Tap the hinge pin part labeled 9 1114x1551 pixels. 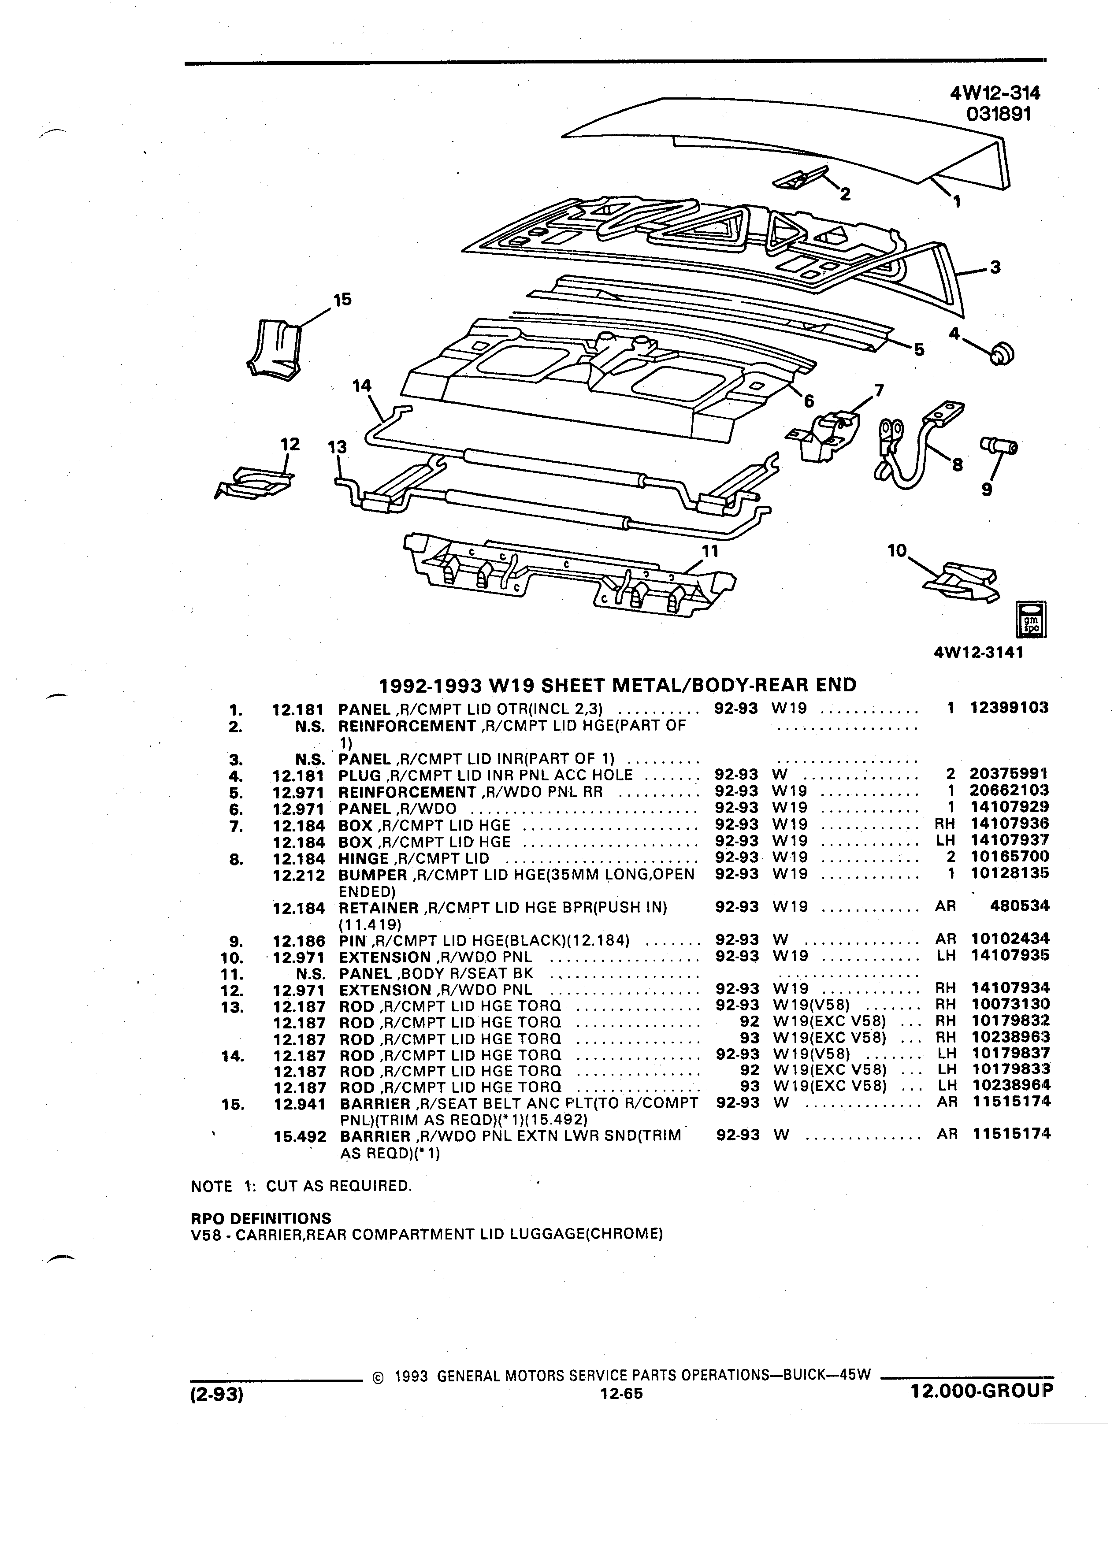(999, 446)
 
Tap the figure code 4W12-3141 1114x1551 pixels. (978, 653)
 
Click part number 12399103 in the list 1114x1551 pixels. (1009, 708)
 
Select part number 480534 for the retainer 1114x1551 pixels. (1020, 906)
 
